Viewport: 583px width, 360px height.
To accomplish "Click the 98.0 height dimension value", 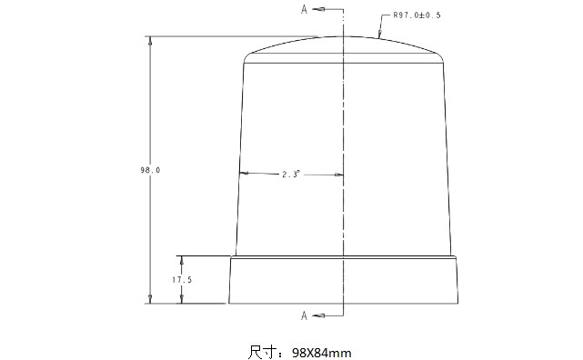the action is pos(150,170).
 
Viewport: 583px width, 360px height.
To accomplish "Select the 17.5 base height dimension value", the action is pos(182,280).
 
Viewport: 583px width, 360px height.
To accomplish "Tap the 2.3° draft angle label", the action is pos(291,174).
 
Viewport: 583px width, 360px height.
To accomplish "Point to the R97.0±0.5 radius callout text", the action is pos(417,15).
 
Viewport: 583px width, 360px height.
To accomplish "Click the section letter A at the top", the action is pos(304,9).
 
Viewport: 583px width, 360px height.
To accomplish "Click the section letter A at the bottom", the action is pos(304,315).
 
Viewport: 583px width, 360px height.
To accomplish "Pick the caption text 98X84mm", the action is pos(322,353).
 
